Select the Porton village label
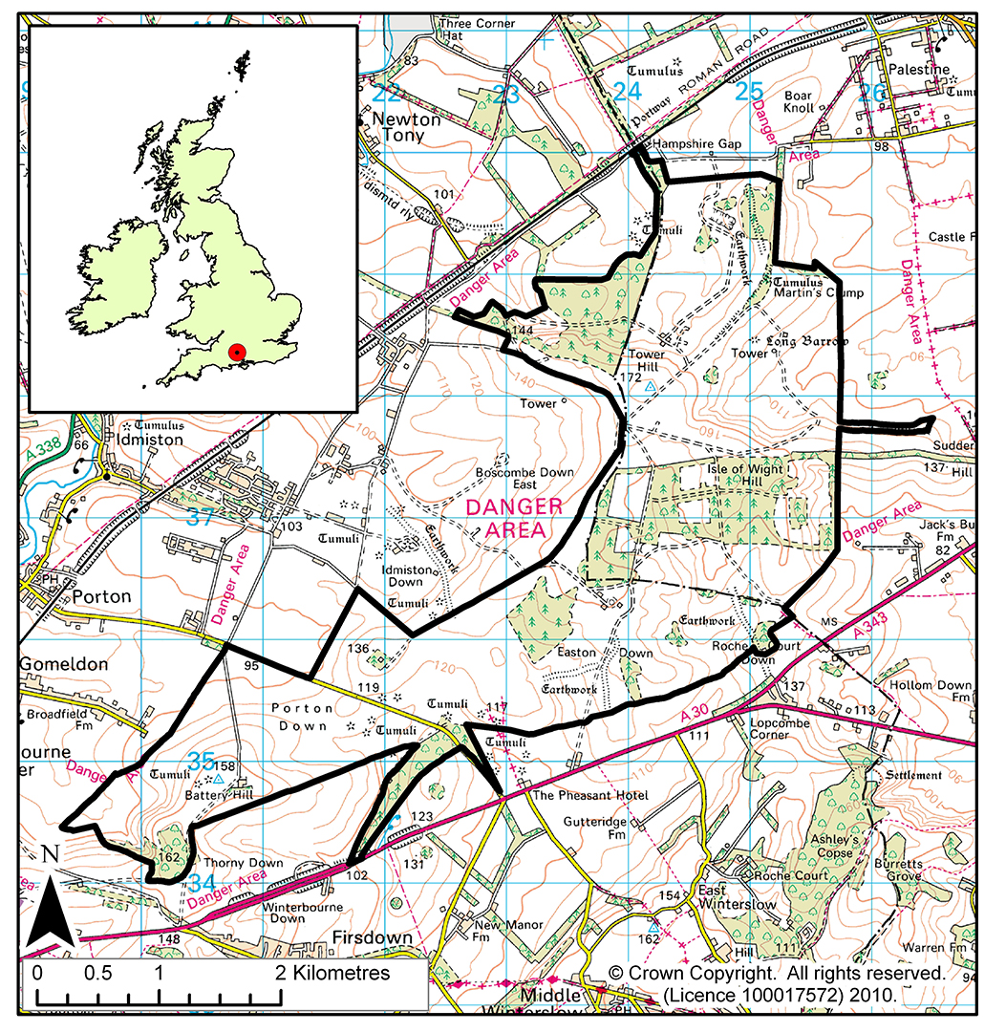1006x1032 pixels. point(100,595)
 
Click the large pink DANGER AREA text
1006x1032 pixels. point(514,517)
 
